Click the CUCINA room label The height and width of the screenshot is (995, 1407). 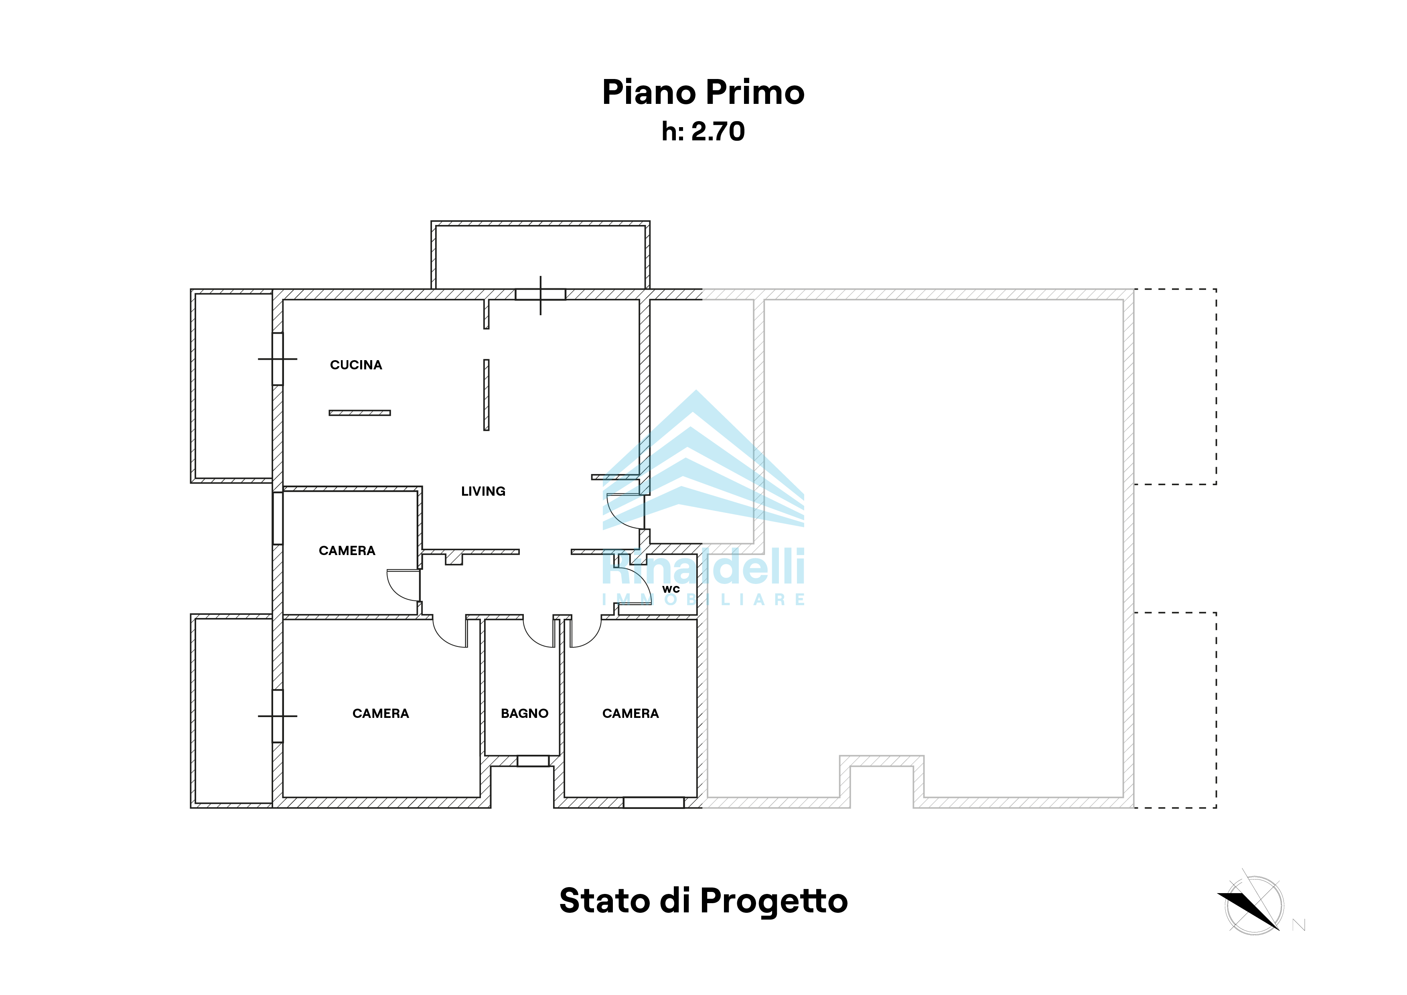coord(356,365)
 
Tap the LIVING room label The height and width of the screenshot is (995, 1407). coord(483,491)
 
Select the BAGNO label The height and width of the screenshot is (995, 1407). coord(525,714)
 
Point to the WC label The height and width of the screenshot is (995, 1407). coord(671,590)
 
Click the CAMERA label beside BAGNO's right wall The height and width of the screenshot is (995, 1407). coord(631,714)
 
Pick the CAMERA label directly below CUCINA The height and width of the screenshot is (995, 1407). coord(347,551)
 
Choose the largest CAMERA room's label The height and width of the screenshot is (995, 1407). coord(381,714)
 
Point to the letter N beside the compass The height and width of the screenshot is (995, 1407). coord(1299,925)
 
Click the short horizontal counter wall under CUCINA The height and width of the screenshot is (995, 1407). coord(360,413)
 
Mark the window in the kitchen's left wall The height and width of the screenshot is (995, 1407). coord(278,359)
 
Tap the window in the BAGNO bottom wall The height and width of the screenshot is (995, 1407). coord(533,761)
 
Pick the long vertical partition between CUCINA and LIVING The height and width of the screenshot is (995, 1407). coord(487,395)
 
